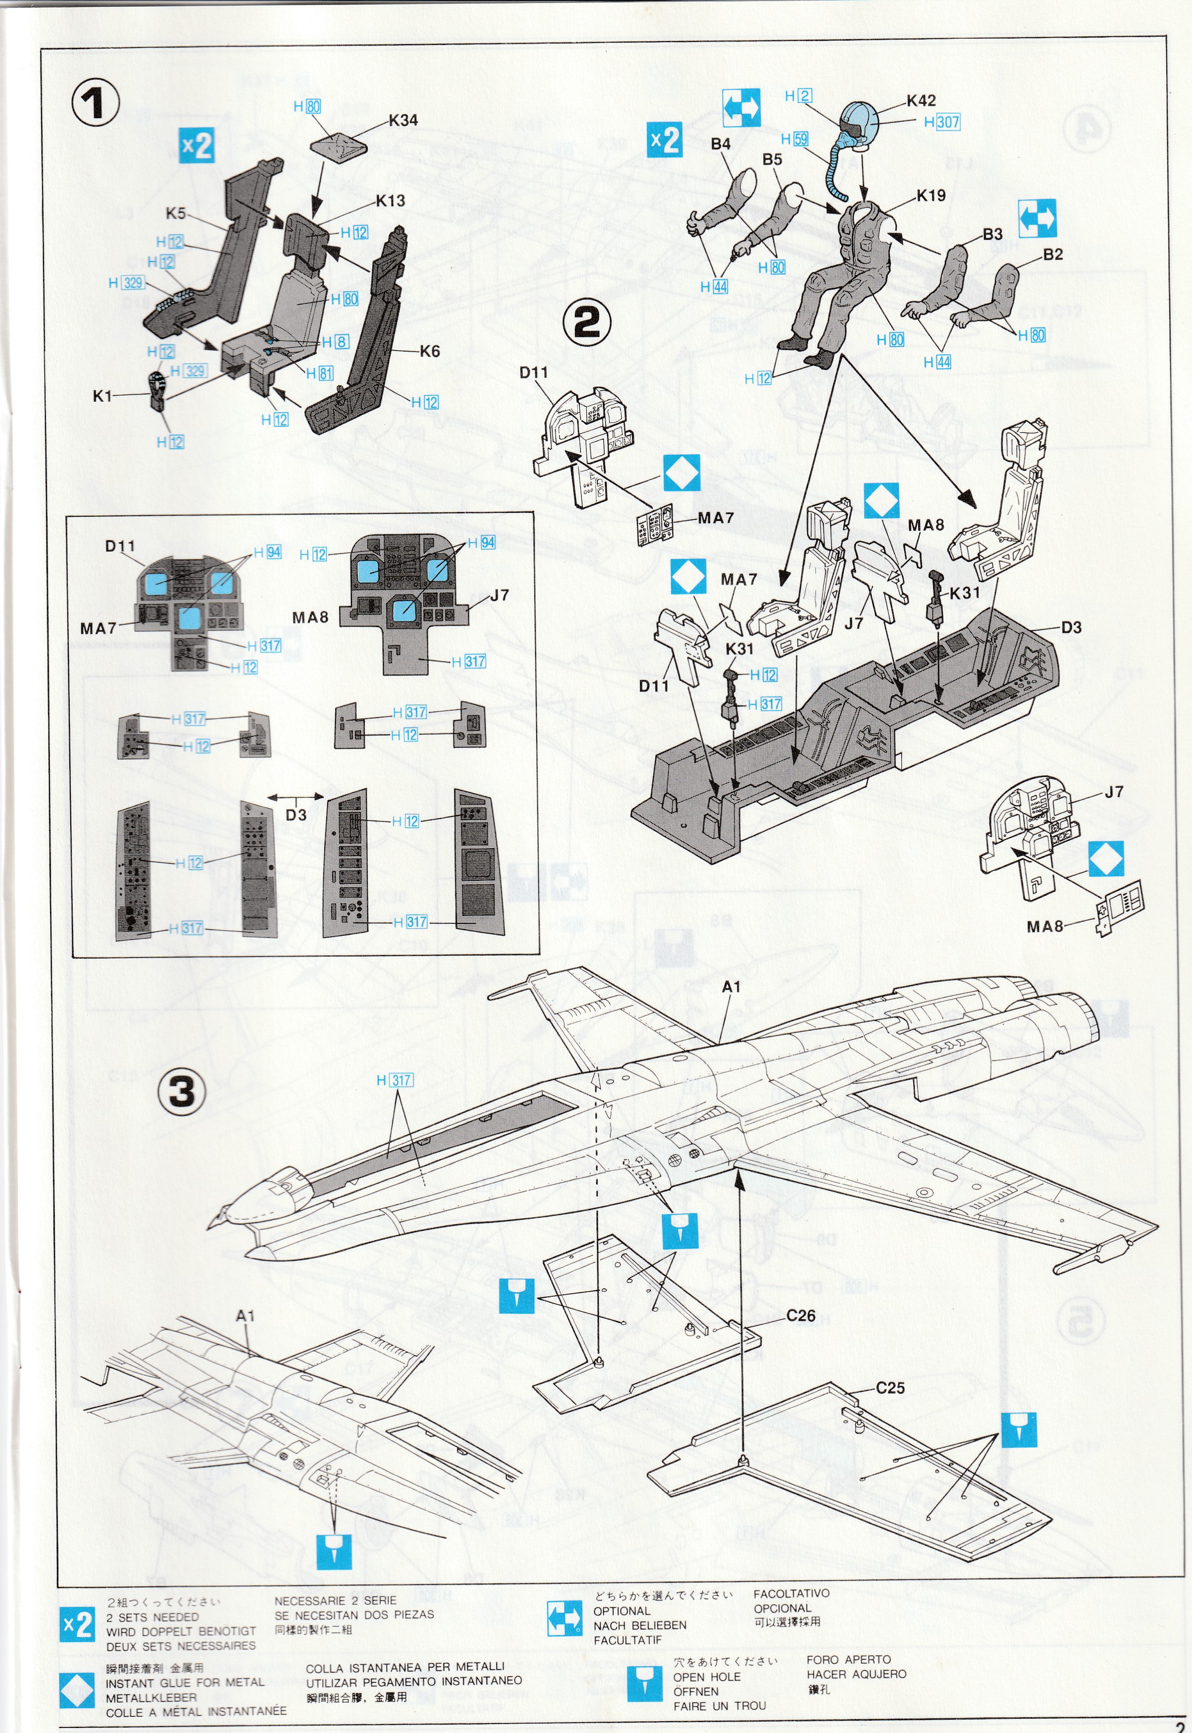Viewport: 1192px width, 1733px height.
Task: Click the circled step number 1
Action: click(x=96, y=103)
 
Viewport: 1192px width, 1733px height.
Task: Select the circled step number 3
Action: click(x=182, y=1093)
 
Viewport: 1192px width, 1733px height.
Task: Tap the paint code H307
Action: click(x=942, y=122)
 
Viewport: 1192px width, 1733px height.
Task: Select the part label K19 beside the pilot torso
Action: click(x=931, y=196)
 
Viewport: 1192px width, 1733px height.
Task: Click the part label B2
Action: click(x=1052, y=254)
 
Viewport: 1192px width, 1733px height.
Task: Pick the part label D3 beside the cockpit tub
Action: click(x=1071, y=627)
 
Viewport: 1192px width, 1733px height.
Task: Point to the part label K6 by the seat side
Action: click(x=430, y=351)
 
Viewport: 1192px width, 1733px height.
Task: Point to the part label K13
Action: click(x=390, y=200)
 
